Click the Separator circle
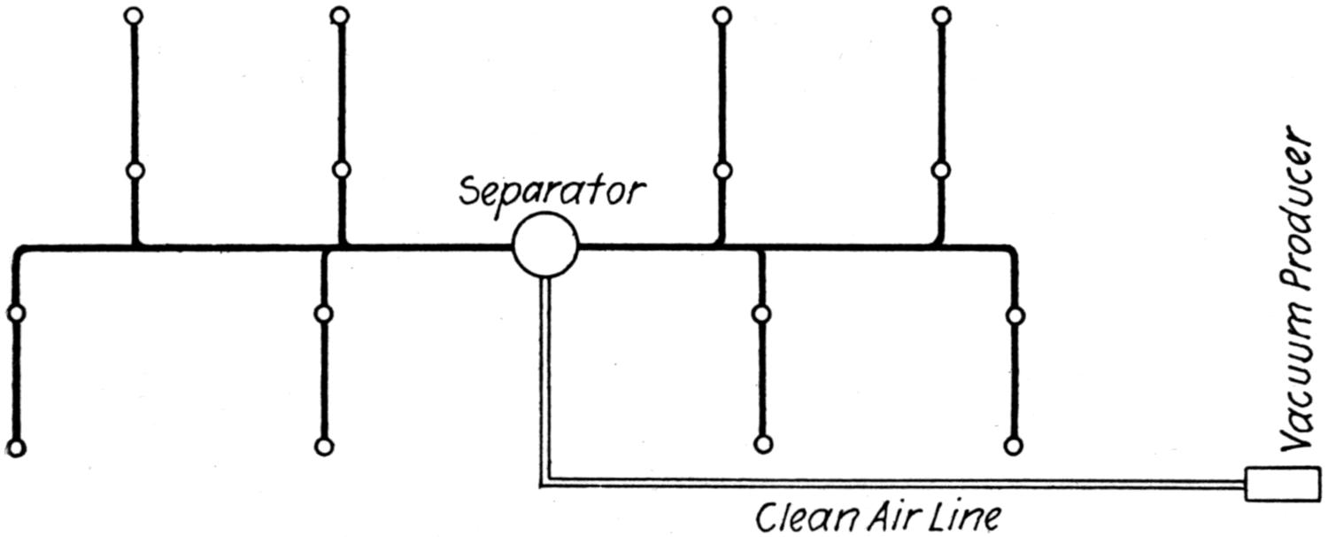tap(545, 246)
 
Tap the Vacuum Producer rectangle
tap(1275, 484)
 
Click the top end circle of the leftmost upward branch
tap(134, 16)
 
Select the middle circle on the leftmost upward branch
tap(134, 171)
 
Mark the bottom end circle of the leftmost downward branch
tap(15, 447)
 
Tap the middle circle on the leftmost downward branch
tap(15, 313)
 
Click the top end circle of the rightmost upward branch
tap(942, 16)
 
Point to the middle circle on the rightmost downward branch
tap(1015, 315)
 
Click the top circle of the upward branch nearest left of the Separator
tap(340, 16)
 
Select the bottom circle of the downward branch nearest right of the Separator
tap(762, 444)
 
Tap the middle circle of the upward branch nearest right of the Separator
tap(722, 170)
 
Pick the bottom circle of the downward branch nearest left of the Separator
tap(324, 447)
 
